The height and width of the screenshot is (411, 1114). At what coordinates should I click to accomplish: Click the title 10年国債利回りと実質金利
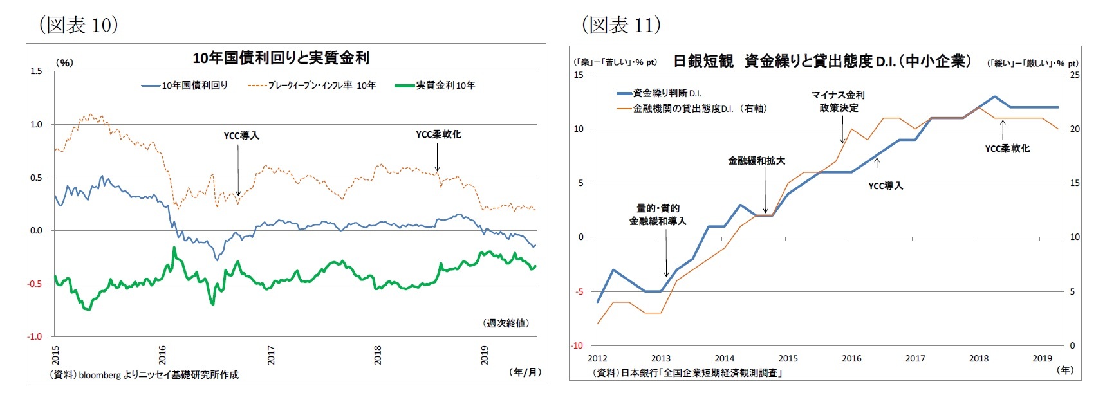tap(281, 58)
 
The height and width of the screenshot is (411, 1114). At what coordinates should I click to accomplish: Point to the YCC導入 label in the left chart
tap(241, 136)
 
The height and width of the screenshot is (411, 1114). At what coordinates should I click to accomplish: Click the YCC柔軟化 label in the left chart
tap(438, 134)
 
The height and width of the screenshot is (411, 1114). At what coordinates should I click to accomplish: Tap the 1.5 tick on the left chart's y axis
tap(36, 71)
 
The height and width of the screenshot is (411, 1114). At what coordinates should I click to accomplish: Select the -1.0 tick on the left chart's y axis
tap(35, 336)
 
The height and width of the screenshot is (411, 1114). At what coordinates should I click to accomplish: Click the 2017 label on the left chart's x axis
tap(271, 355)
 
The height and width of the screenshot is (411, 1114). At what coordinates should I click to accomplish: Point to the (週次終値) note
tap(506, 323)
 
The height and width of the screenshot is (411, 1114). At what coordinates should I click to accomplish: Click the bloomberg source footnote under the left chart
tap(144, 374)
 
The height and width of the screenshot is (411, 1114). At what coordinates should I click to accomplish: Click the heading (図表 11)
tap(621, 25)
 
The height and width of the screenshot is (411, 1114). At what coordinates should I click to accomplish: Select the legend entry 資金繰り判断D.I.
tap(667, 93)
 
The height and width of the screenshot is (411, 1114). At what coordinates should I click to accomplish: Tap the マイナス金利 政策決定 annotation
tap(838, 101)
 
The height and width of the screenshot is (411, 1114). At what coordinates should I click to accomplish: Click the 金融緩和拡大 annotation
tap(756, 161)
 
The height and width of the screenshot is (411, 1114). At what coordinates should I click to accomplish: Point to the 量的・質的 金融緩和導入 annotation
tap(658, 214)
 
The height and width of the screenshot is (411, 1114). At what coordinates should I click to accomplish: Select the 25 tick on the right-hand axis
tap(1074, 75)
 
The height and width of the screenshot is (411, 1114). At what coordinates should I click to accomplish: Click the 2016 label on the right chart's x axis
tap(851, 358)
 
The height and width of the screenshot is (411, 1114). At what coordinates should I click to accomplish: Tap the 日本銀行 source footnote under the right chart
tap(687, 372)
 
